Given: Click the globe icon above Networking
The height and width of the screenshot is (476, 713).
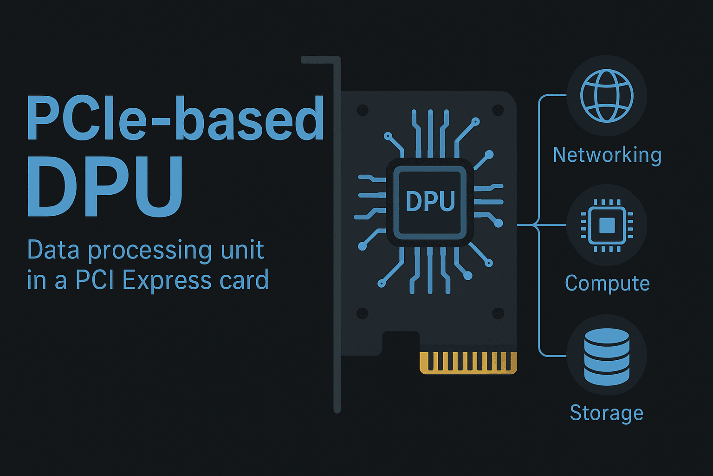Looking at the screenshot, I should pos(607,96).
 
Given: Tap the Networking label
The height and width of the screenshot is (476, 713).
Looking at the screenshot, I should pos(607,155).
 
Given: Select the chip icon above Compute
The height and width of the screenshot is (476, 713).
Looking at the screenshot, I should pos(607,225).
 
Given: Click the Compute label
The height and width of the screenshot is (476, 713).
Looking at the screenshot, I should pos(607,283).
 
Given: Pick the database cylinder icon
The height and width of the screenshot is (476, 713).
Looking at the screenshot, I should pos(607,356).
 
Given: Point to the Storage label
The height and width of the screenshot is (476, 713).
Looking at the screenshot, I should pos(607,413).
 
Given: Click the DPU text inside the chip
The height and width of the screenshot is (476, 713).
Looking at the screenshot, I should pos(430,201).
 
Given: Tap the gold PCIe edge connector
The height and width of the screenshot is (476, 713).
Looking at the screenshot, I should pos(468,363).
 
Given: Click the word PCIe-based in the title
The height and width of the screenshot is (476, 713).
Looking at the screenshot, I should pos(175,119).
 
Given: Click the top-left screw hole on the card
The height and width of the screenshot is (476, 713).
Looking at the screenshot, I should pos(362,110).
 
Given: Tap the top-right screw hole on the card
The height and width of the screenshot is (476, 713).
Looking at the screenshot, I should pos(498,110).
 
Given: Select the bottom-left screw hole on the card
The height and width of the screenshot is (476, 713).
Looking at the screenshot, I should pos(362,313).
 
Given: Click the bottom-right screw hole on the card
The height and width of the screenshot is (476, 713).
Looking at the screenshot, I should pos(498,313).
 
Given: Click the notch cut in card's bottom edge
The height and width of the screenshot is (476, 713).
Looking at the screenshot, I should pos(401,343).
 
